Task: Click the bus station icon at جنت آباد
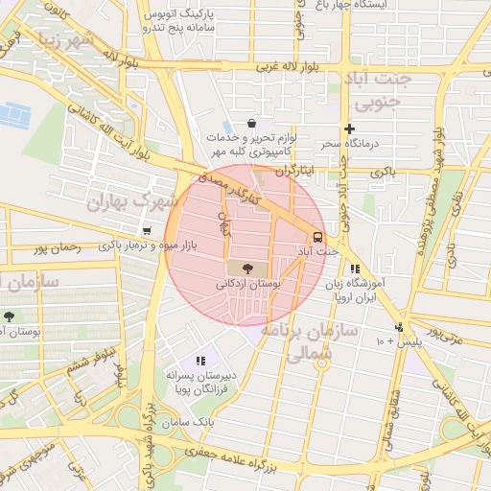point(316,237)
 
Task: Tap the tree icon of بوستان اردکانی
point(249,269)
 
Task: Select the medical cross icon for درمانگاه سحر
point(349,129)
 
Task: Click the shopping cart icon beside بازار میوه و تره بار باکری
point(146,231)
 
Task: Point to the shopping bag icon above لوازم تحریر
point(251,123)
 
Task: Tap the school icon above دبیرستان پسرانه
point(200,361)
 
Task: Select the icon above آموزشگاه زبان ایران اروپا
point(355,269)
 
